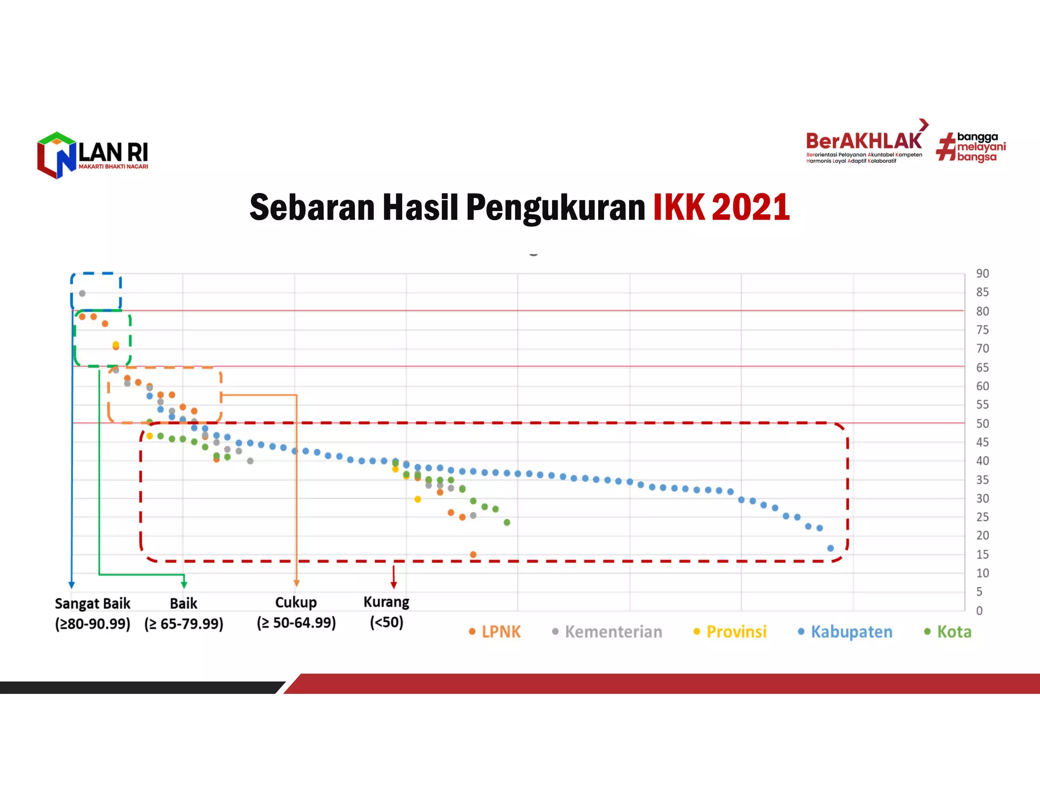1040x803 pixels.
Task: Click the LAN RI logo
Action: tap(92, 155)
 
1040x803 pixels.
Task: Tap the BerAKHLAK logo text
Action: tap(864, 141)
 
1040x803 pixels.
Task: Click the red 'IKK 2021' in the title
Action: tap(721, 208)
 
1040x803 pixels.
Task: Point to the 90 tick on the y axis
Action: tap(982, 274)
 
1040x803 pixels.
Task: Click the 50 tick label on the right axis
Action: tap(982, 423)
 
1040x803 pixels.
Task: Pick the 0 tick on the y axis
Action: tap(980, 611)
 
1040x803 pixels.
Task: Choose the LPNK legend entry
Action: tap(495, 632)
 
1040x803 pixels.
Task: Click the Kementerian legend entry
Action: tap(607, 632)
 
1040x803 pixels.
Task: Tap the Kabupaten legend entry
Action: tap(845, 632)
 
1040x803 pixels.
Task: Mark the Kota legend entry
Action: tap(948, 632)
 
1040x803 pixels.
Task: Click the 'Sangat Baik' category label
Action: tap(92, 604)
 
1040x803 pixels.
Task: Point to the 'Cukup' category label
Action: tap(296, 603)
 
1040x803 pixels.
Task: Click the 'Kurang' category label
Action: tap(386, 602)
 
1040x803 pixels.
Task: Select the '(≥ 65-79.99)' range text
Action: tap(184, 624)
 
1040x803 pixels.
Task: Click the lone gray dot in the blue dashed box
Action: tap(82, 293)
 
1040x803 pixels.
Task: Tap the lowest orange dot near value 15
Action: tap(473, 555)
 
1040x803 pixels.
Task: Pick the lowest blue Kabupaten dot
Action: tap(831, 548)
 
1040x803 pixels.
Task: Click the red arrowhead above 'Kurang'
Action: tap(394, 585)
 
